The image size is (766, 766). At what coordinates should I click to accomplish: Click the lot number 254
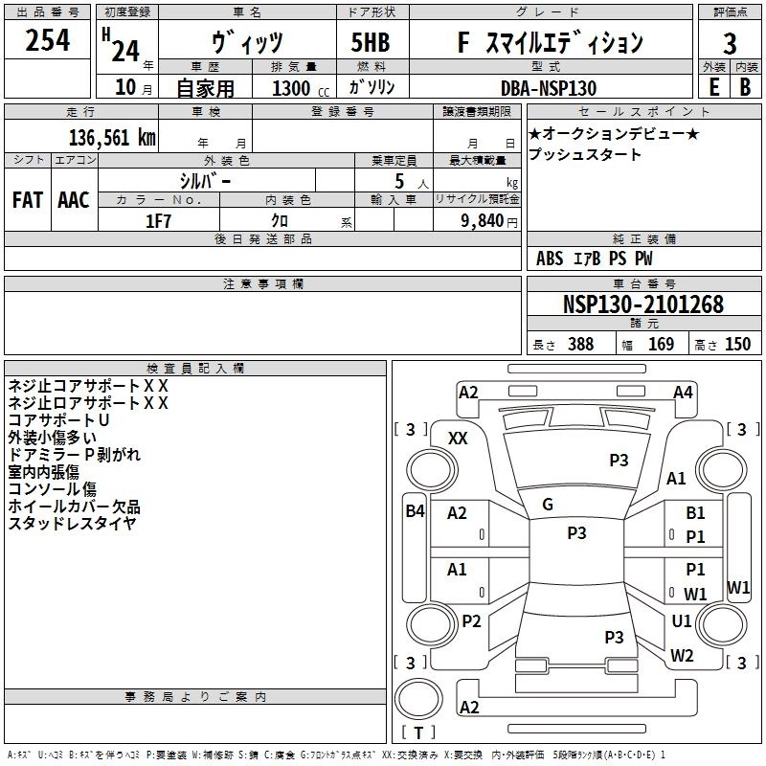click(47, 40)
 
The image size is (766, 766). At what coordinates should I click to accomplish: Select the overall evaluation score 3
click(730, 43)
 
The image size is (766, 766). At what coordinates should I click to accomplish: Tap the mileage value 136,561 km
click(112, 138)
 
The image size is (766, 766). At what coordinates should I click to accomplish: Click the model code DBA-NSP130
click(549, 88)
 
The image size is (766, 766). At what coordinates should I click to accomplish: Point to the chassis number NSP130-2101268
click(642, 304)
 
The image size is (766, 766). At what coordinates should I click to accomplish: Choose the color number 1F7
click(158, 221)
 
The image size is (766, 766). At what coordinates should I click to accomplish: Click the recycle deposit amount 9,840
click(483, 221)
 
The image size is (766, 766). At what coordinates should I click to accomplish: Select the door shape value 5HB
click(371, 42)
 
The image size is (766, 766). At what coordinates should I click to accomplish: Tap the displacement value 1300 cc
click(300, 88)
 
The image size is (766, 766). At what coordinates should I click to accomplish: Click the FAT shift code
click(28, 200)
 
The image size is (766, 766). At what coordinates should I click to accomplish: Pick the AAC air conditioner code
click(74, 200)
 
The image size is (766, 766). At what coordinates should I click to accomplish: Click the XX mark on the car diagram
click(458, 439)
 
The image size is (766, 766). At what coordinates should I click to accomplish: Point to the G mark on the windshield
click(548, 505)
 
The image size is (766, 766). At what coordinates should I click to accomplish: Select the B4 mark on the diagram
click(415, 511)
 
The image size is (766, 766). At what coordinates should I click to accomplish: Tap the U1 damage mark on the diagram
click(682, 620)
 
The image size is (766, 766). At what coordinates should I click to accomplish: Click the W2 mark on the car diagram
click(682, 655)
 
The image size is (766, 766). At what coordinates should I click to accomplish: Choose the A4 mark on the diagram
click(683, 393)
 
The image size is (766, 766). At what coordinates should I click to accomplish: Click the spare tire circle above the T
click(418, 699)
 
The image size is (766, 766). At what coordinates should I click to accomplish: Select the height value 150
click(737, 344)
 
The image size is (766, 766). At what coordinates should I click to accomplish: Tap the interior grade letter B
click(745, 87)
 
